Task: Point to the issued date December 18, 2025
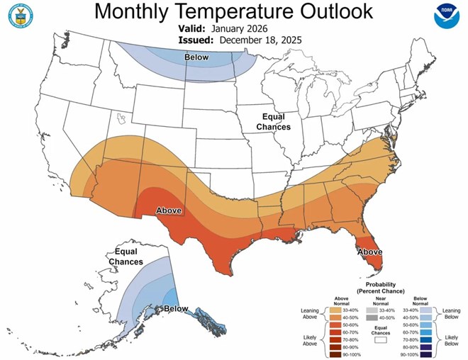(261, 40)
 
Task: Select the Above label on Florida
(369, 252)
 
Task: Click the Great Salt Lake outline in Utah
(121, 117)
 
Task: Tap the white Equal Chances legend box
(381, 339)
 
